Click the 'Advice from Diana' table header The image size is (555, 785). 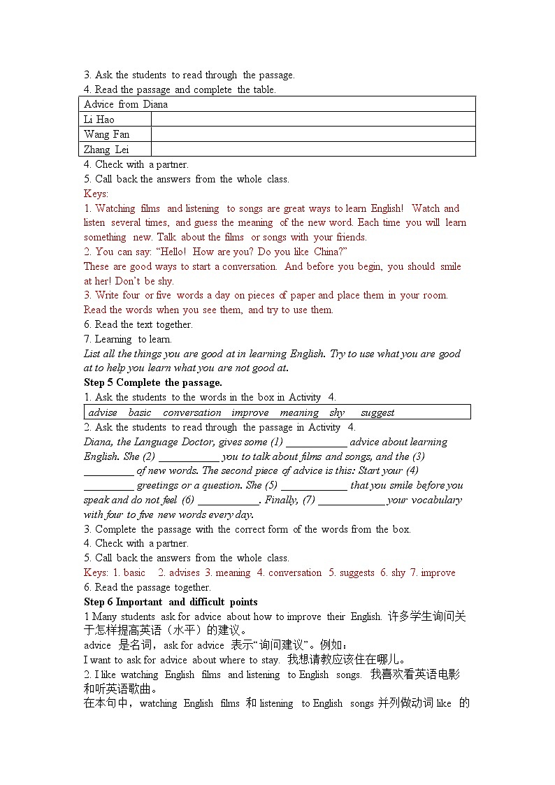(x=126, y=104)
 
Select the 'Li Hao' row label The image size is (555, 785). (x=99, y=120)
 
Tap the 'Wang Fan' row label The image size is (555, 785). (x=107, y=134)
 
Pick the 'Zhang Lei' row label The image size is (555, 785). (x=106, y=149)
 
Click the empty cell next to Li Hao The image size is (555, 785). (x=312, y=120)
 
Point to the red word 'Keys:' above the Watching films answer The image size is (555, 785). (x=96, y=194)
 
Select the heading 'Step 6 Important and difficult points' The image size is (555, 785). (x=171, y=602)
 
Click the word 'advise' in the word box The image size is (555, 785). (x=103, y=412)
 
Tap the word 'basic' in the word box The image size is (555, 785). (x=140, y=412)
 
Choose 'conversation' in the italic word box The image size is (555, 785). (x=192, y=412)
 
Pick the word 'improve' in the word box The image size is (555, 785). (x=250, y=412)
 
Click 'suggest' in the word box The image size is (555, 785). (x=377, y=412)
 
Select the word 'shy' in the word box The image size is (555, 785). (x=337, y=412)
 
